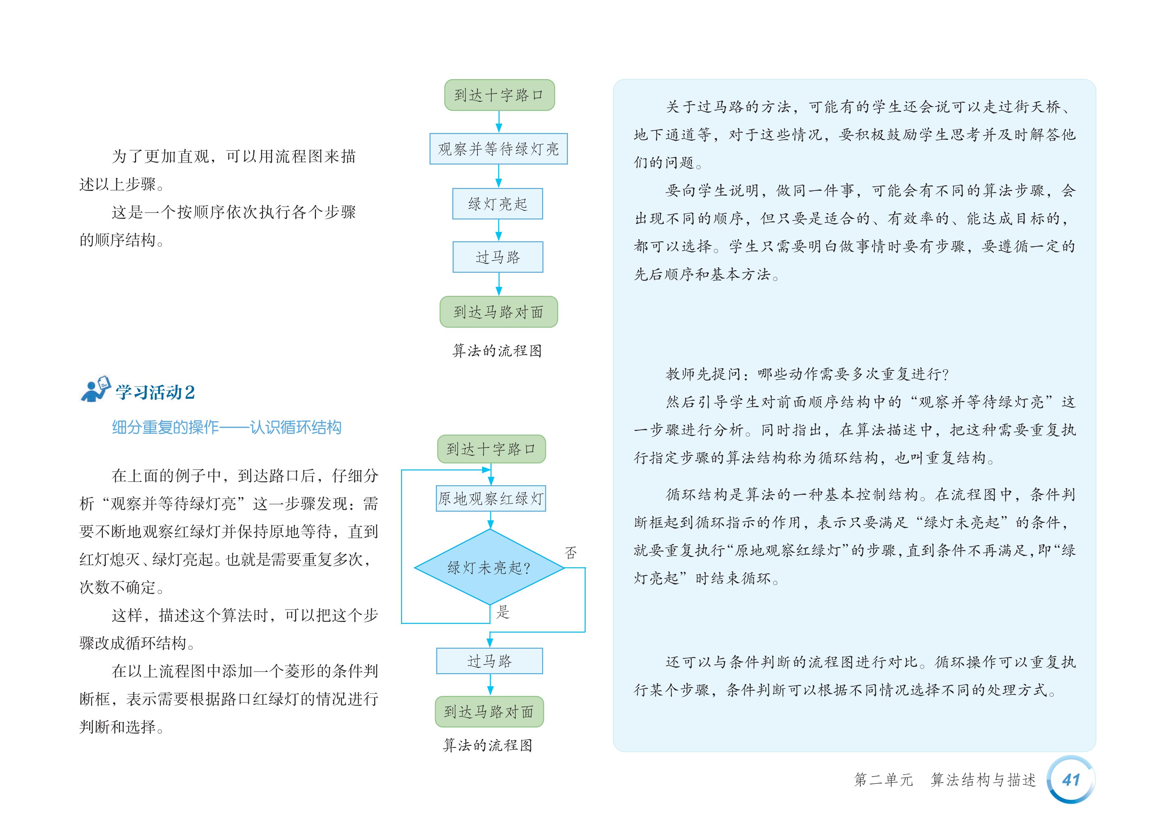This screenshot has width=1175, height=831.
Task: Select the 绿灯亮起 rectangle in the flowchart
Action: click(x=498, y=204)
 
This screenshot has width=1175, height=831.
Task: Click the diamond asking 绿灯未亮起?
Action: click(x=489, y=567)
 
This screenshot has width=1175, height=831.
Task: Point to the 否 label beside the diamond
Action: click(x=571, y=553)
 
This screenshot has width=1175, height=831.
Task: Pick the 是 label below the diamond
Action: click(x=503, y=612)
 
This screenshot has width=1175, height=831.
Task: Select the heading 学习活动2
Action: click(x=154, y=392)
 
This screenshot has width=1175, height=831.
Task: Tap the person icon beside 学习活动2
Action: click(x=95, y=390)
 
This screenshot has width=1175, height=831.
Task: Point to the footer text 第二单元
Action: click(x=883, y=780)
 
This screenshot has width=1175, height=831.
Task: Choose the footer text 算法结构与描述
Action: click(x=983, y=780)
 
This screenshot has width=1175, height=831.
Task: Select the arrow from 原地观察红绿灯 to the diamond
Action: click(x=490, y=520)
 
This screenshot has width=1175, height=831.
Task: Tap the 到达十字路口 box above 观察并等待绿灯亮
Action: click(x=499, y=95)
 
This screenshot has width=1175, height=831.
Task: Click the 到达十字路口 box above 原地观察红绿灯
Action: click(x=491, y=449)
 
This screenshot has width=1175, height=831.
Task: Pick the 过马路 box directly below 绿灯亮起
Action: click(x=498, y=257)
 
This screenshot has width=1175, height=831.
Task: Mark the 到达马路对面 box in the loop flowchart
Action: click(x=489, y=712)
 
